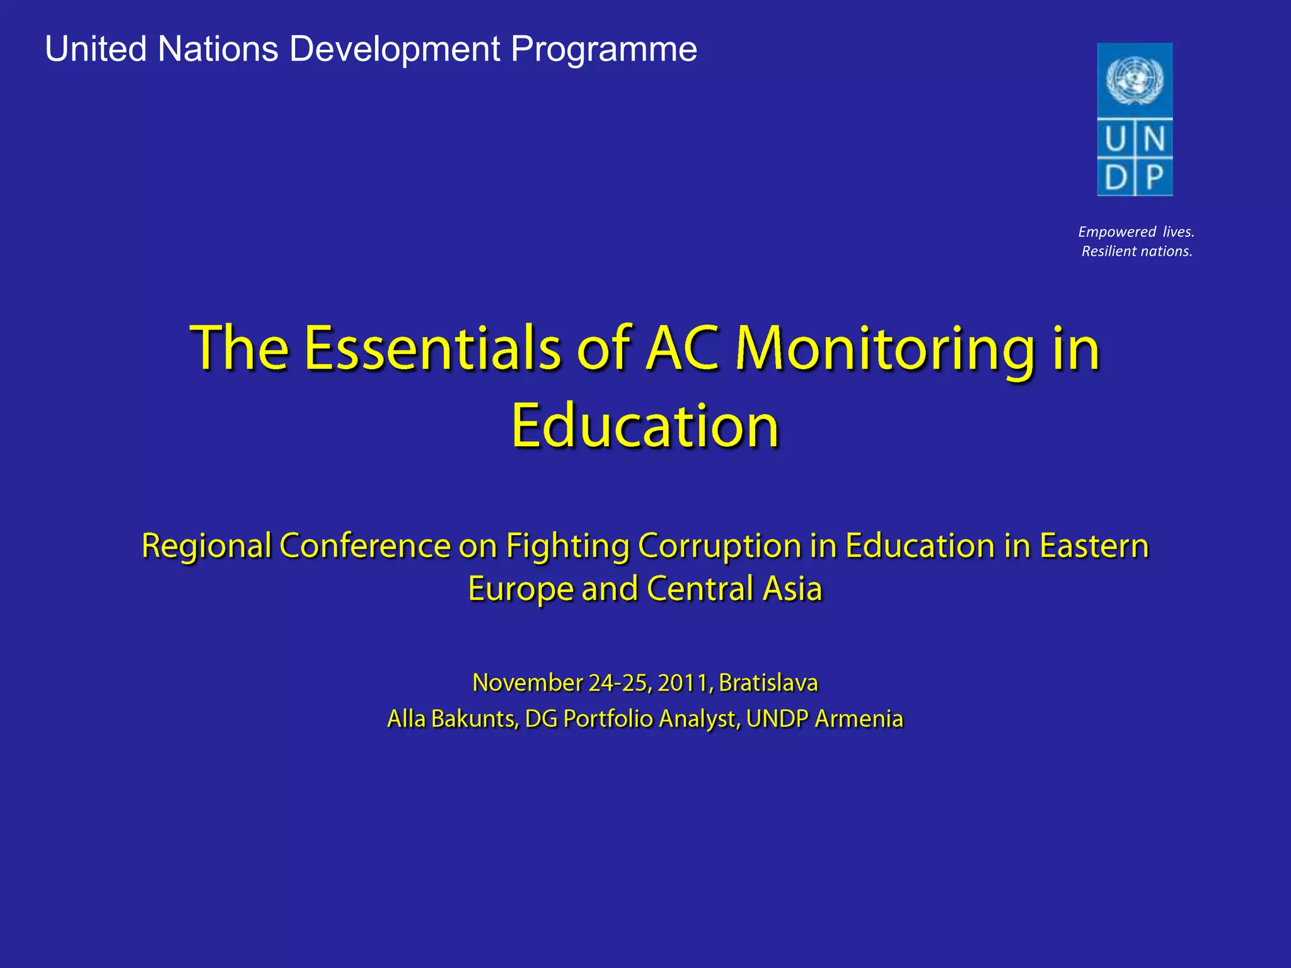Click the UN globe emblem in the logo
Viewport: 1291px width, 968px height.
(x=1135, y=79)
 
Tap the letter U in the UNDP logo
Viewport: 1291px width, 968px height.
(x=1115, y=139)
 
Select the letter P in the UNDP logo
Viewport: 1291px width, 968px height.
(x=1154, y=177)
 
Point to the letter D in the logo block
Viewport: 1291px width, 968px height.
(x=1115, y=177)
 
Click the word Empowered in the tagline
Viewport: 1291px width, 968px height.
(x=1117, y=232)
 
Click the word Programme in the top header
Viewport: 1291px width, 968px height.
(x=604, y=49)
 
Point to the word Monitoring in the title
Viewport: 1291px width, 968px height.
(x=885, y=350)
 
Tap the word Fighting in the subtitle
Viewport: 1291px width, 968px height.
(x=567, y=547)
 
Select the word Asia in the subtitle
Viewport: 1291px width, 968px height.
(x=792, y=589)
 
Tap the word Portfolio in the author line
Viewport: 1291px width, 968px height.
(x=608, y=719)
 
